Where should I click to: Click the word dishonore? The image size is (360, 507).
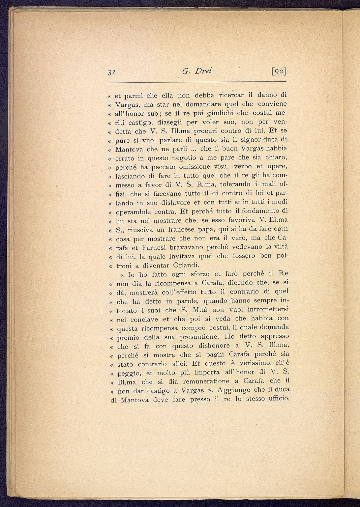point(215,346)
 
